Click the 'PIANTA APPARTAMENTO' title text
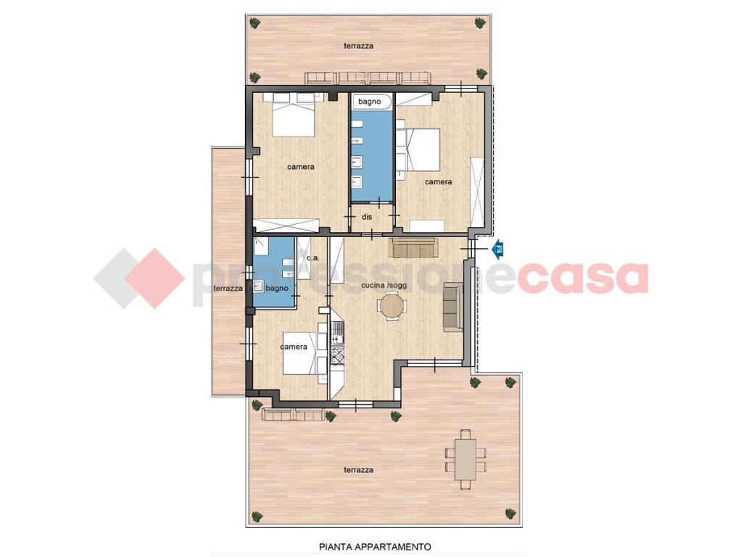(x=376, y=547)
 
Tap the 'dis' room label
(x=367, y=217)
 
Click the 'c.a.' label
(x=312, y=258)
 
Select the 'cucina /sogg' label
(x=384, y=286)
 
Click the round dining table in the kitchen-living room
(x=392, y=306)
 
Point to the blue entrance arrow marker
(x=498, y=249)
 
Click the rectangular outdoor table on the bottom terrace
(x=465, y=459)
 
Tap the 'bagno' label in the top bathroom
(x=369, y=102)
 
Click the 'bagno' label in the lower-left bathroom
(x=276, y=288)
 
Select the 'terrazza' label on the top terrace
(x=359, y=46)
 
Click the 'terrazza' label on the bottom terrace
(x=359, y=469)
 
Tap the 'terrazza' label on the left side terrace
(x=228, y=288)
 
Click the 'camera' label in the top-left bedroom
(x=301, y=167)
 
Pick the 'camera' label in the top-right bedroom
(x=438, y=181)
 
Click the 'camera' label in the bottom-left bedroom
(x=294, y=347)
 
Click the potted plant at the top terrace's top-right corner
(x=481, y=22)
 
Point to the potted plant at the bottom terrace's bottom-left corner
(x=257, y=516)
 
